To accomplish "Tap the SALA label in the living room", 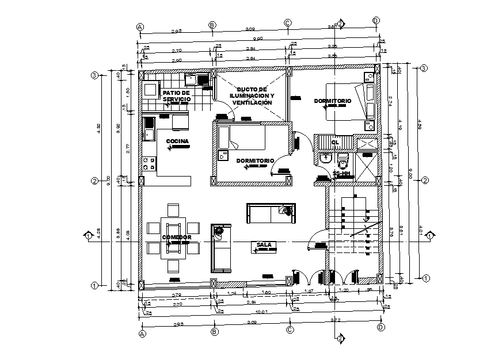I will coord(264,244).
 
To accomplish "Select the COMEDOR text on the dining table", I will coord(176,237).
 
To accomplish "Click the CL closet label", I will coord(335,141).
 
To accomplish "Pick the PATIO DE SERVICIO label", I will coord(176,96).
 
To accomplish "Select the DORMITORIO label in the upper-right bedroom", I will coord(332,101).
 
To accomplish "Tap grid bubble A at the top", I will coord(140,26).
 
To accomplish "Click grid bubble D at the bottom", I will coord(381,328).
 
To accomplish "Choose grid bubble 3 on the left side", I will coord(94,75).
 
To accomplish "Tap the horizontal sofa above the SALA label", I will coord(271,213).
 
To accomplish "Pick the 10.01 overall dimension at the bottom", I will coord(261,312).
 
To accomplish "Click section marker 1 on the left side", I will coord(89,236).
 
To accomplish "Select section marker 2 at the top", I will coord(340,24).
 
